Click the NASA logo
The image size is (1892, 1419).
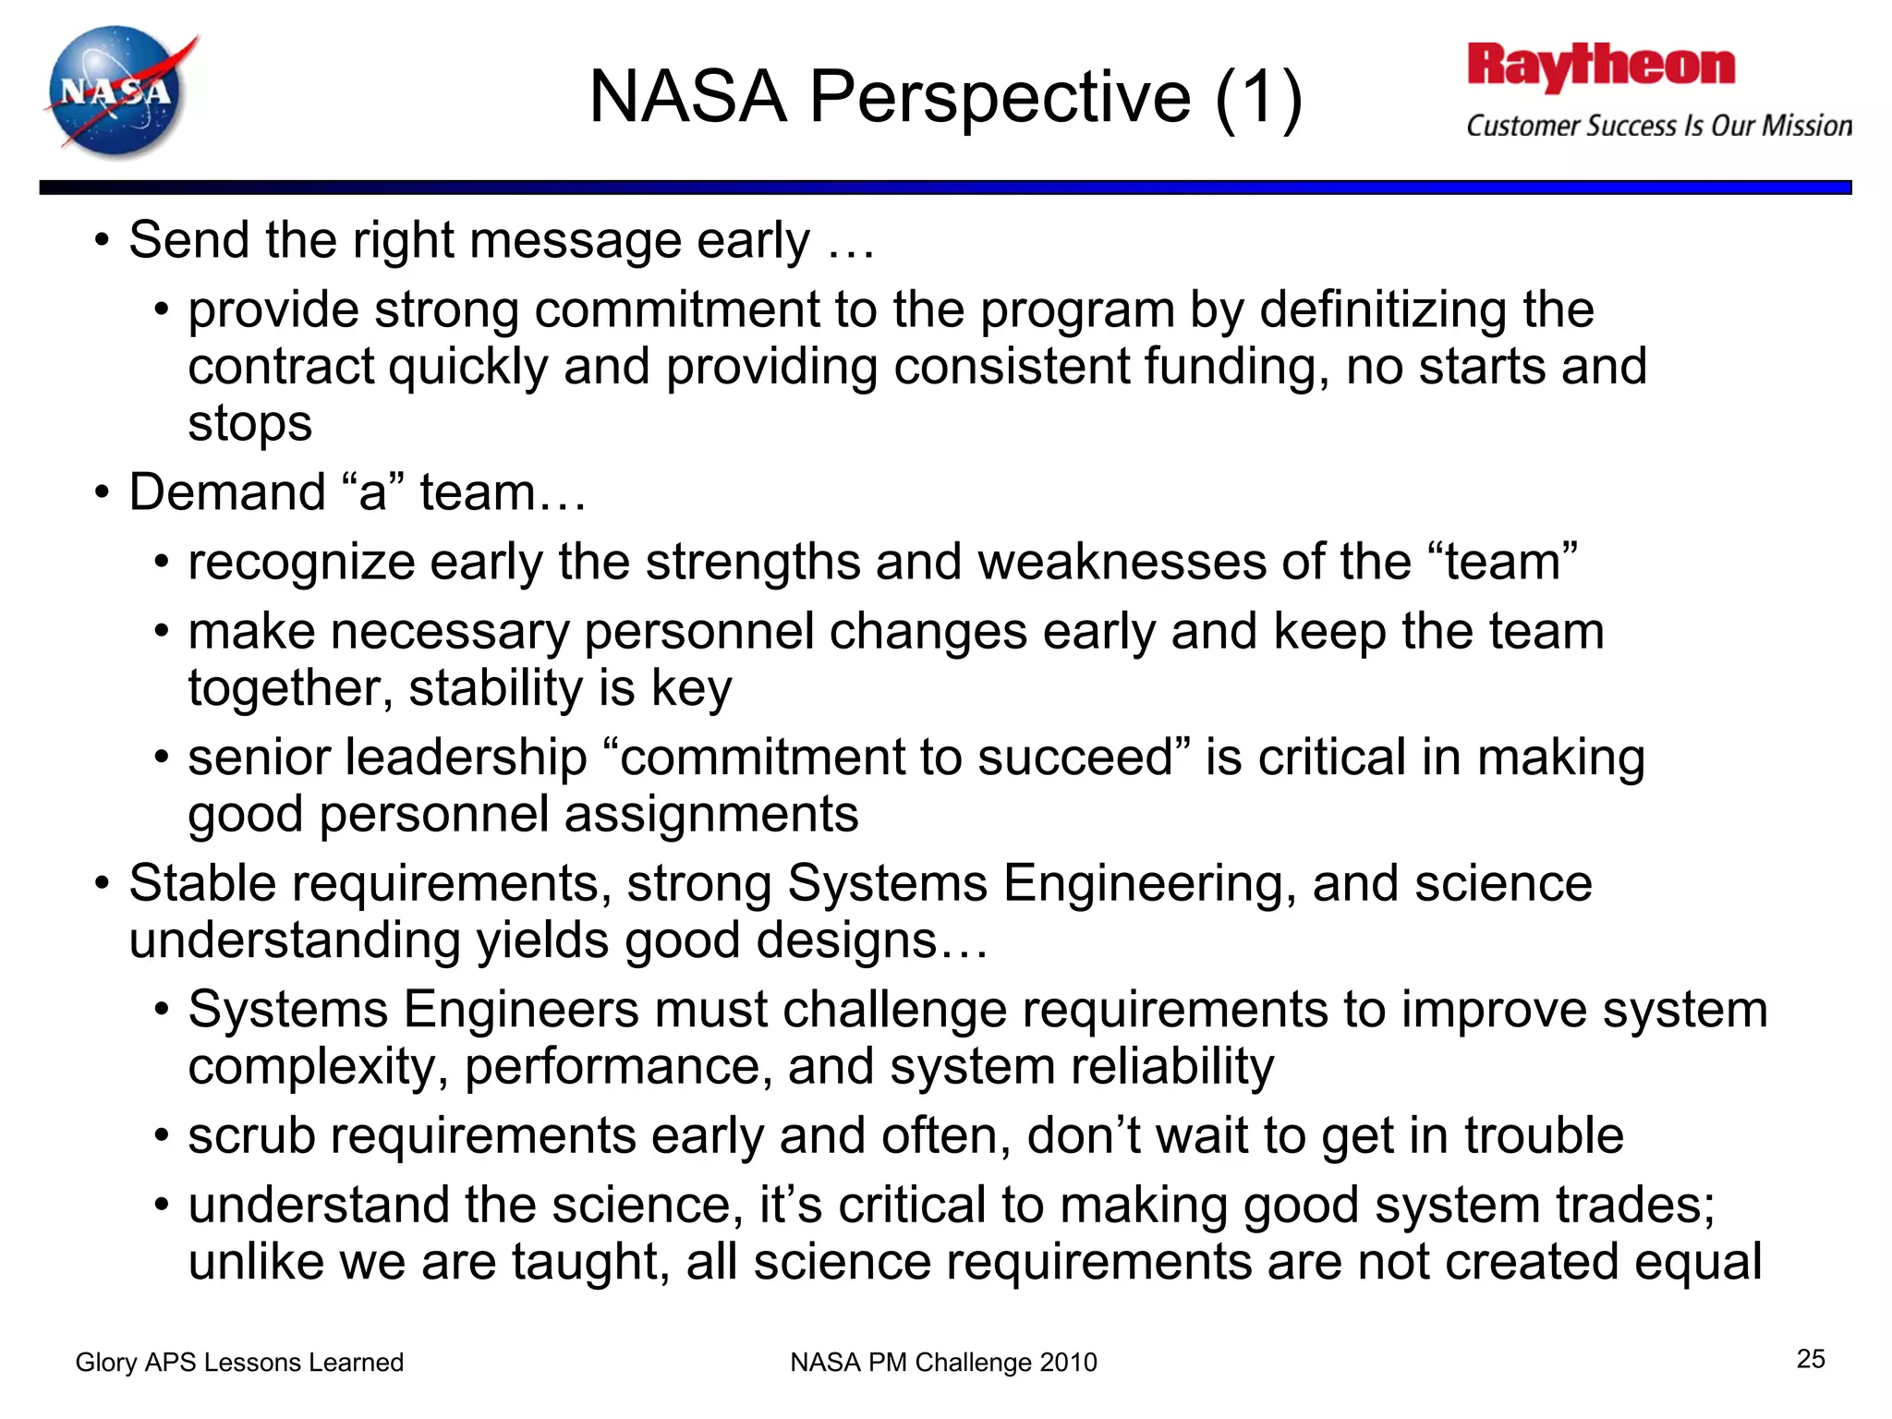point(117,92)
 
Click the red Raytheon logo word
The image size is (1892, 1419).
point(1600,67)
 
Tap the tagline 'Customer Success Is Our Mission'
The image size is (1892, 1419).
point(1659,126)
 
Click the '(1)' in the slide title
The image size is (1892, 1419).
point(1258,97)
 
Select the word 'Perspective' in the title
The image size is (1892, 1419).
point(1000,97)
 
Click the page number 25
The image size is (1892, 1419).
point(1811,1358)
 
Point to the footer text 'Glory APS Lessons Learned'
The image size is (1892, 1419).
point(239,1362)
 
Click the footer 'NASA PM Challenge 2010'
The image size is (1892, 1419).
point(943,1362)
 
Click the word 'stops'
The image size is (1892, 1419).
point(249,423)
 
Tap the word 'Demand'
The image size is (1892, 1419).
point(227,491)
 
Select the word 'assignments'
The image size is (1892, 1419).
point(711,815)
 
